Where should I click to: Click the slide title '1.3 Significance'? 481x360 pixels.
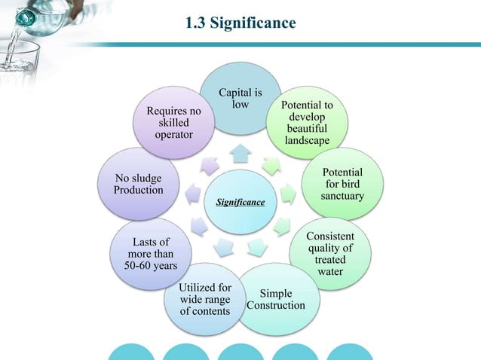(240, 24)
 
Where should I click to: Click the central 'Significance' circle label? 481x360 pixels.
(240, 203)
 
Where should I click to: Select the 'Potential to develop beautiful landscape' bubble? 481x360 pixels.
(307, 123)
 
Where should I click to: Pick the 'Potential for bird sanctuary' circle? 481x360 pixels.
(342, 184)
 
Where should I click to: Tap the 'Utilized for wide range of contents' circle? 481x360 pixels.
(204, 300)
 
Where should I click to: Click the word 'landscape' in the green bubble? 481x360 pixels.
(307, 142)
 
